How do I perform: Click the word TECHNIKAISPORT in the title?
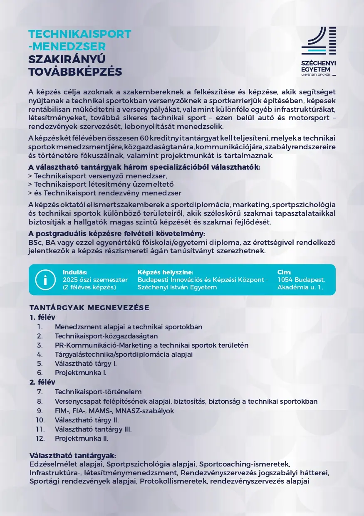pyautogui.click(x=79, y=34)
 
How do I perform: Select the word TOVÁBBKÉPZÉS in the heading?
pyautogui.click(x=75, y=72)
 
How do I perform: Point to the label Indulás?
pyautogui.click(x=75, y=272)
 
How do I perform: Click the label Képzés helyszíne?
pyautogui.click(x=165, y=272)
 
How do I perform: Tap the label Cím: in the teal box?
pyautogui.click(x=285, y=272)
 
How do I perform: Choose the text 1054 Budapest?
pyautogui.click(x=301, y=280)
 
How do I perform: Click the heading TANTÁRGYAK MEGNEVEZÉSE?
pyautogui.click(x=89, y=308)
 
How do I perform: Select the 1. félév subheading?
pyautogui.click(x=42, y=317)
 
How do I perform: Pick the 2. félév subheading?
pyautogui.click(x=42, y=382)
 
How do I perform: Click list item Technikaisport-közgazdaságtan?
pyautogui.click(x=106, y=336)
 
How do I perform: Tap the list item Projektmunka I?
pyautogui.click(x=80, y=373)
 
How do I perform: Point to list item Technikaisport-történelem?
pyautogui.click(x=98, y=392)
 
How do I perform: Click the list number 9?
pyautogui.click(x=40, y=411)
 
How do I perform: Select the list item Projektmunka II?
pyautogui.click(x=82, y=438)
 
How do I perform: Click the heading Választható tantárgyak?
pyautogui.click(x=73, y=456)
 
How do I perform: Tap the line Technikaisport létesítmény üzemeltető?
pyautogui.click(x=101, y=184)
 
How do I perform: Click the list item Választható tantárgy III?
pyautogui.click(x=93, y=429)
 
